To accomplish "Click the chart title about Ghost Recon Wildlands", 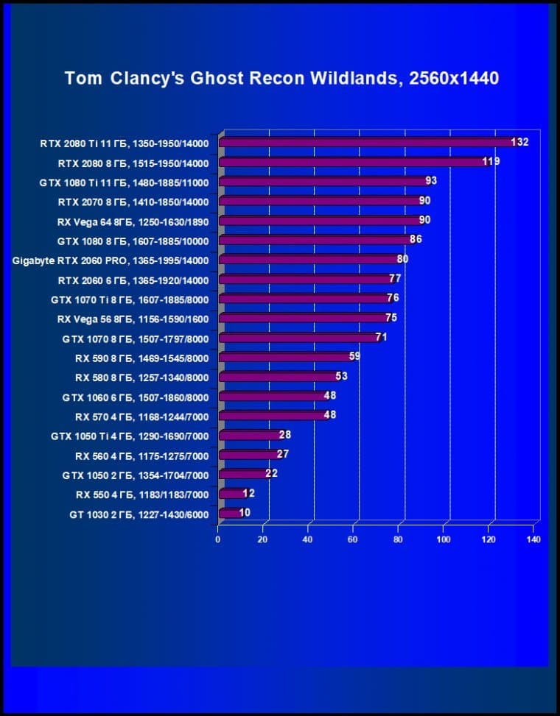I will [281, 78].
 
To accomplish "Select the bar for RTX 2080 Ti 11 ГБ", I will [368, 142].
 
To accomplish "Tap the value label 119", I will [491, 161].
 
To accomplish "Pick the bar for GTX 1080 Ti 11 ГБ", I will [324, 181].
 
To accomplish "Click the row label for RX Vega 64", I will [133, 221].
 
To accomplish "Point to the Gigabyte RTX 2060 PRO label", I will [111, 260].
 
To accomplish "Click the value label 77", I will [395, 279].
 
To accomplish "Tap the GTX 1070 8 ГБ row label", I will [136, 338].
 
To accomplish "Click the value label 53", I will [341, 376].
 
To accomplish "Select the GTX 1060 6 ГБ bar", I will [273, 397].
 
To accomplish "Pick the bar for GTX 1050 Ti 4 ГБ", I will [251, 436].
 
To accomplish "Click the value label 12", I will [248, 493].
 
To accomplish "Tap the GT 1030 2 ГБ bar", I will [231, 514].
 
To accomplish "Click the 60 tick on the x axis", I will [354, 539].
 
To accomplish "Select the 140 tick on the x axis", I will [533, 539].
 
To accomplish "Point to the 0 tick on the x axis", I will [218, 539].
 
